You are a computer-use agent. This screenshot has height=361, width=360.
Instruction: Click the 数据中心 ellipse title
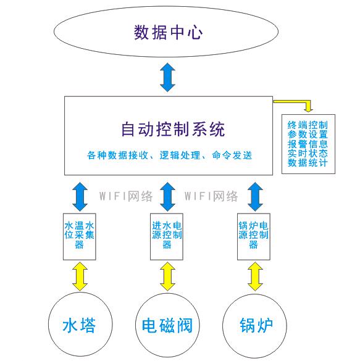pos(169,33)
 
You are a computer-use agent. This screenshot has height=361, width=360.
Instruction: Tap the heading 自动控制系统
pos(173,130)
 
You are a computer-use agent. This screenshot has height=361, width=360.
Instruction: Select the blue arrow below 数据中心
pos(168,77)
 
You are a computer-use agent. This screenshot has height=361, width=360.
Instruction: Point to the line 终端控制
pos(308,125)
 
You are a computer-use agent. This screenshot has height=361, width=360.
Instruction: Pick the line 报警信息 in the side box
pos(308,144)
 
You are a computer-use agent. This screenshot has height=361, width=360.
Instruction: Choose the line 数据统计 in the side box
pos(308,163)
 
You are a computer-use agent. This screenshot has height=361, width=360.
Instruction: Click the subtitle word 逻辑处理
pos(180,156)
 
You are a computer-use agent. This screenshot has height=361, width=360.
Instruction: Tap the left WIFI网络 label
pos(126,196)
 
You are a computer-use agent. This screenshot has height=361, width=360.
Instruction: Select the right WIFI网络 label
pos(211,196)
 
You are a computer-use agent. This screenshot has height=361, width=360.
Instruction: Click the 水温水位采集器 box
pos(80,237)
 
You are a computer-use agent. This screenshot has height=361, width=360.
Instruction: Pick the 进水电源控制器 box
pos(167,237)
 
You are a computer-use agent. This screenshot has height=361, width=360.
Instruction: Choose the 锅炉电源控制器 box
pos(254,237)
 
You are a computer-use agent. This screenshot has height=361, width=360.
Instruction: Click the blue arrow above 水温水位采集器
pos(80,197)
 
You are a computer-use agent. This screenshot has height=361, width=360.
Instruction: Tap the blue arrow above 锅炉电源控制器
pos(255,197)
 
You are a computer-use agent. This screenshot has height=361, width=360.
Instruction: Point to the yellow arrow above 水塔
pos(80,276)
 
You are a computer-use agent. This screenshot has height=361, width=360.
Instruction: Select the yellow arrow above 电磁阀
pos(168,276)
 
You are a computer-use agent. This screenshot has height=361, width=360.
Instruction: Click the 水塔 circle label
pos(79,325)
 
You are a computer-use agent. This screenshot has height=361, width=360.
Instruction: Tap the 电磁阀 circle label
pos(167,325)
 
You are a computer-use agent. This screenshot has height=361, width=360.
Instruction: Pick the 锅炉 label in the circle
pos(256,325)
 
